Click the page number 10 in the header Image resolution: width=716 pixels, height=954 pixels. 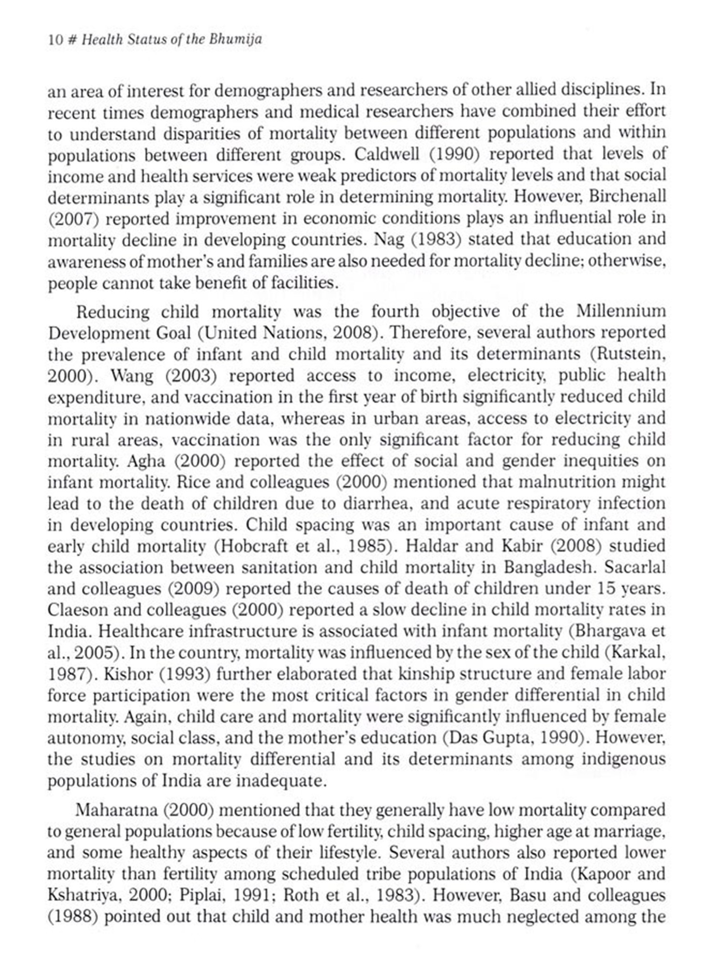click(x=55, y=40)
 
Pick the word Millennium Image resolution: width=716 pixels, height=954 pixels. click(x=621, y=311)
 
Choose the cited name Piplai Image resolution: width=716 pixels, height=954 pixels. click(x=201, y=895)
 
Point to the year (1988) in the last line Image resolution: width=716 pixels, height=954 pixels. click(x=72, y=917)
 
